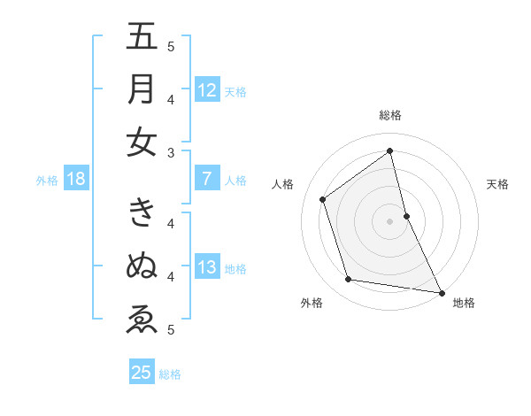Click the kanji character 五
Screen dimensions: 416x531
point(142,38)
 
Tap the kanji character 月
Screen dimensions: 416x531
point(142,89)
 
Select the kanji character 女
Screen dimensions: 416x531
point(142,142)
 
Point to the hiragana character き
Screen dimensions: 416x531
point(142,212)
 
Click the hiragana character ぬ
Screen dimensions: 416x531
point(142,265)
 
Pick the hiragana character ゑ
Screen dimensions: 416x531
point(142,318)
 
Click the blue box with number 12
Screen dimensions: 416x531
point(206,89)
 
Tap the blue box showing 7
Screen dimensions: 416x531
point(206,179)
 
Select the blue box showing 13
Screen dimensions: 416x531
point(206,267)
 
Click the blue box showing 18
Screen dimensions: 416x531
point(75,179)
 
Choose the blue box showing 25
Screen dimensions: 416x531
point(142,373)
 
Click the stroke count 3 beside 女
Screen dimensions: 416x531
point(171,152)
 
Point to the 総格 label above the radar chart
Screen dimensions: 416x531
point(390,115)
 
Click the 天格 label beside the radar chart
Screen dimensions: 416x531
point(498,184)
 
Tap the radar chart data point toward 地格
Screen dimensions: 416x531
point(441,291)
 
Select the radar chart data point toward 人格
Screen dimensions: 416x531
point(323,199)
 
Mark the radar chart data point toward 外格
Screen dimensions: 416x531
point(349,280)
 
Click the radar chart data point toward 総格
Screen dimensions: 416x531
point(390,151)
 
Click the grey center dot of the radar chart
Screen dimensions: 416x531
point(390,220)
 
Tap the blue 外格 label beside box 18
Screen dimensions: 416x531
point(47,181)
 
